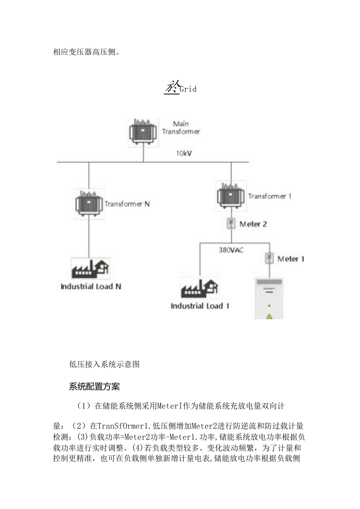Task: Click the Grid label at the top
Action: (x=187, y=89)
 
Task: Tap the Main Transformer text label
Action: (x=181, y=128)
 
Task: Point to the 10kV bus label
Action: (x=184, y=153)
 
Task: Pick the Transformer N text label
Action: (x=127, y=204)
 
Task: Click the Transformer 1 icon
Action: (x=231, y=195)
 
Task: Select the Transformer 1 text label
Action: (x=270, y=196)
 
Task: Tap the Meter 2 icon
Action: (x=231, y=224)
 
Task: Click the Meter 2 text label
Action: (x=253, y=224)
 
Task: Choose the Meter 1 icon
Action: (x=269, y=258)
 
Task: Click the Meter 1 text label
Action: (x=291, y=259)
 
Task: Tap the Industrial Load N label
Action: (x=91, y=286)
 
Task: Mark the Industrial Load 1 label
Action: (x=200, y=306)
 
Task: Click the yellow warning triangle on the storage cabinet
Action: (x=269, y=316)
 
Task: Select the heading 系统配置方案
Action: (x=94, y=387)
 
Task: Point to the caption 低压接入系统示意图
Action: (x=104, y=365)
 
